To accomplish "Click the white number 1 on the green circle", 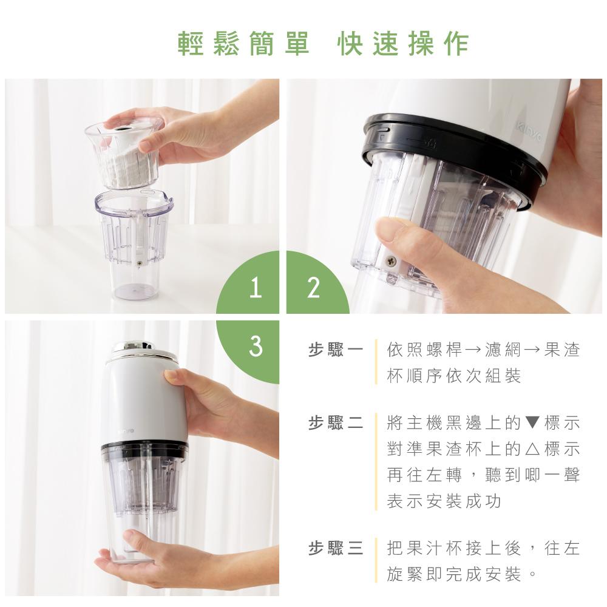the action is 255,288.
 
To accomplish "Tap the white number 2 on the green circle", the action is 313,288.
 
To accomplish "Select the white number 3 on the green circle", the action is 256,346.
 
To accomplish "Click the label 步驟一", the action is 336,350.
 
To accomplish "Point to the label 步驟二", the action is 336,422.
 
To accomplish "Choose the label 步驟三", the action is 336,548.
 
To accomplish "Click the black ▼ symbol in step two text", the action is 532,422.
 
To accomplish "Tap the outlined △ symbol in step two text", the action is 532,449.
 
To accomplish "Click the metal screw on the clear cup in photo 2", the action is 391,261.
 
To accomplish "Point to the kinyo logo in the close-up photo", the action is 529,132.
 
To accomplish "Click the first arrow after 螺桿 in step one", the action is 472,350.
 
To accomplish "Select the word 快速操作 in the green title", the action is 403,43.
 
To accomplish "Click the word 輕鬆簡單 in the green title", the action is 243,43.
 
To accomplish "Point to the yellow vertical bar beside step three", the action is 376,560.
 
